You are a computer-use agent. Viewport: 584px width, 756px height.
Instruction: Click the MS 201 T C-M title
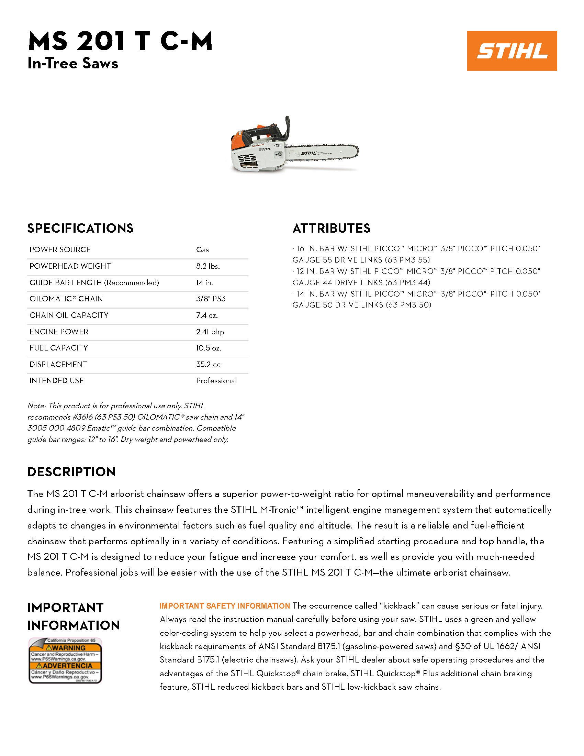point(120,41)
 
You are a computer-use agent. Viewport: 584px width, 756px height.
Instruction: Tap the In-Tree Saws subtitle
point(72,63)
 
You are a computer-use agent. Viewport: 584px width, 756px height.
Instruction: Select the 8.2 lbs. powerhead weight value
point(208,266)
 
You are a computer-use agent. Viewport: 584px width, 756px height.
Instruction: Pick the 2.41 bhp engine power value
point(210,332)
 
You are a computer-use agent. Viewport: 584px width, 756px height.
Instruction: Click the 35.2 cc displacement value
point(208,364)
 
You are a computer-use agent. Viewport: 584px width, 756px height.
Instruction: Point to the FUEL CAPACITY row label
point(58,348)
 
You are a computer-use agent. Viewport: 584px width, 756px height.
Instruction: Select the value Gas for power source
point(202,249)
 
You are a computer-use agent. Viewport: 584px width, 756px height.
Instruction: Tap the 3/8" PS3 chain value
point(210,299)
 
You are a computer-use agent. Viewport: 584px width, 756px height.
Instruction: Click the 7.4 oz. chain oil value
point(207,315)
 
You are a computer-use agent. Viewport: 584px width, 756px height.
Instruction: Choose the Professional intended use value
point(216,381)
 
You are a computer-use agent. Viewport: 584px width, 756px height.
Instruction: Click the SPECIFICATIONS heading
point(80,228)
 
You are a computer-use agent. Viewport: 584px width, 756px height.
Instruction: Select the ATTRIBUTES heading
point(331,228)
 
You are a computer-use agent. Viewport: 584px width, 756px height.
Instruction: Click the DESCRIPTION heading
point(71,472)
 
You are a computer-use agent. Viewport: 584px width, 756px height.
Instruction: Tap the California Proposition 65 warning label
point(65,660)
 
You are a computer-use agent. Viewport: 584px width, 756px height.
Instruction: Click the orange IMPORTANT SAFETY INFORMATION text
point(225,606)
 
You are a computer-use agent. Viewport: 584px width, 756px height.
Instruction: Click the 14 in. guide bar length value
point(204,282)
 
